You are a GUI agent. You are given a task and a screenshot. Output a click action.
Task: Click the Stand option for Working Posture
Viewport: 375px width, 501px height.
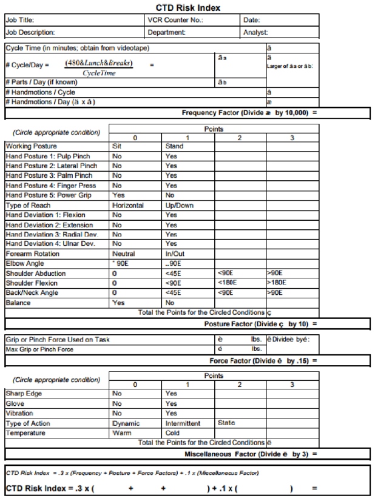click(x=176, y=146)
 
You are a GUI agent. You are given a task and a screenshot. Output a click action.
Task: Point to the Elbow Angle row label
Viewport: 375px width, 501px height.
click(x=23, y=264)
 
